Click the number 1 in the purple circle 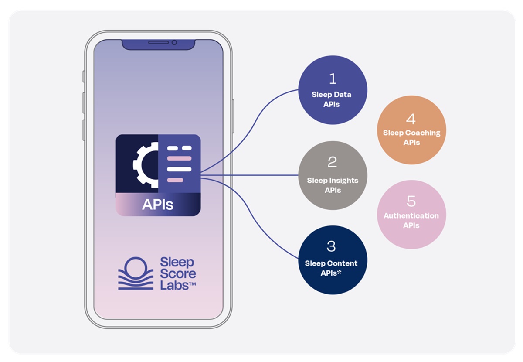click(x=333, y=79)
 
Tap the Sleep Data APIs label click(x=332, y=99)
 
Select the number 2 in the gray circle click(x=332, y=162)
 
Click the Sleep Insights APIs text click(x=333, y=185)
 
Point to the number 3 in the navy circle click(x=331, y=246)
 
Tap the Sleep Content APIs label click(x=331, y=268)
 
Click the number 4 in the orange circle click(x=411, y=119)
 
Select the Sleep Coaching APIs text click(x=411, y=137)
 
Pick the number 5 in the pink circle click(x=411, y=201)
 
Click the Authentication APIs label click(x=411, y=220)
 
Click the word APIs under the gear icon click(x=158, y=204)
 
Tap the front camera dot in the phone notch click(x=174, y=43)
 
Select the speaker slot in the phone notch click(x=158, y=43)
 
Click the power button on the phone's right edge click(x=233, y=116)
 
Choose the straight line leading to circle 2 click(x=253, y=175)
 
